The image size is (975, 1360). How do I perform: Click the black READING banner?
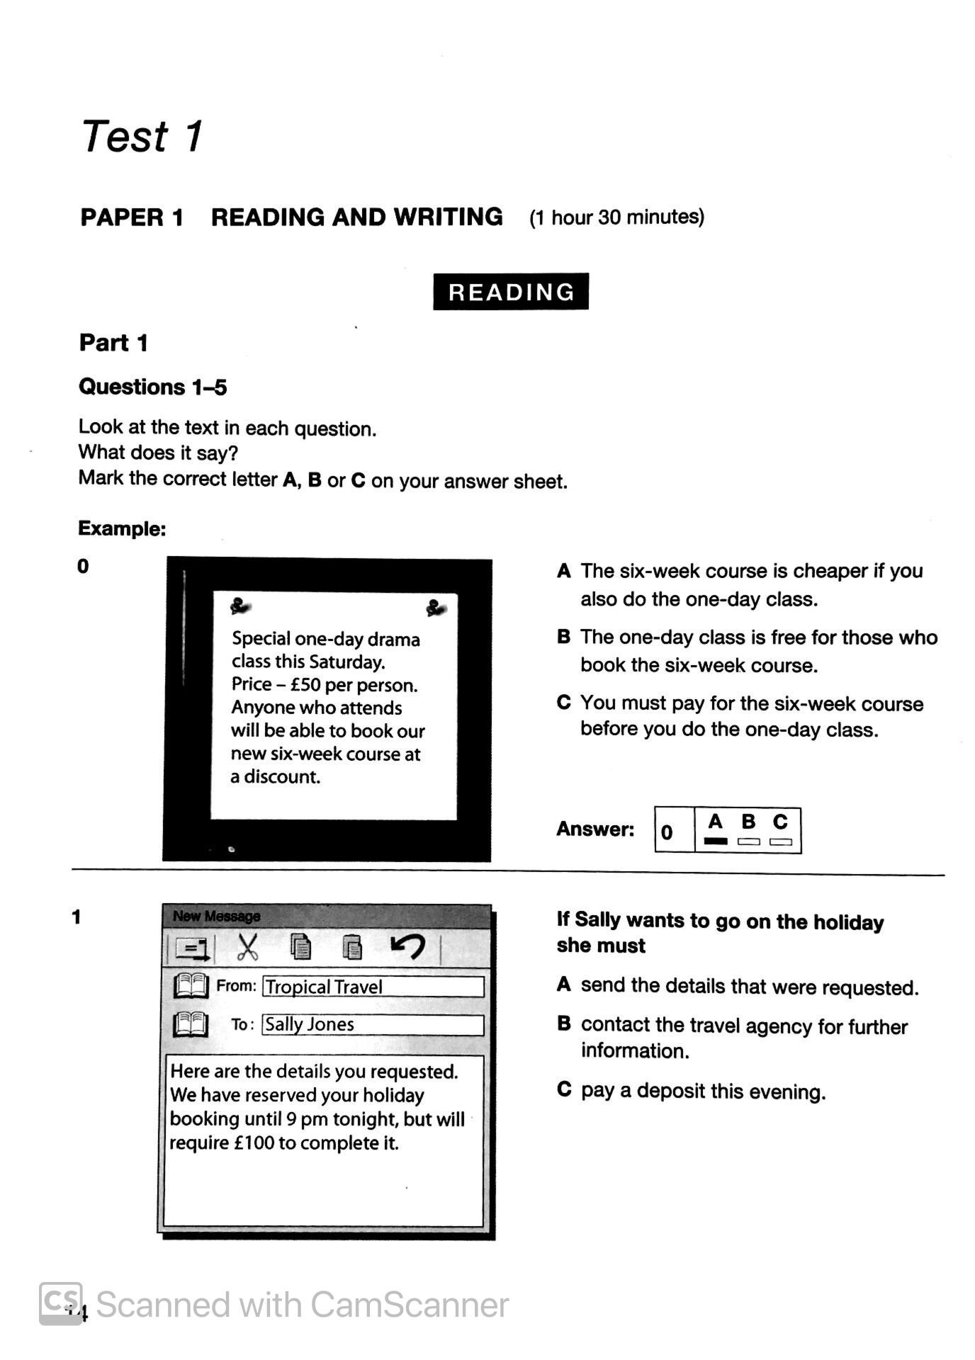[511, 291]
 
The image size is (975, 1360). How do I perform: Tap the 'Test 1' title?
[142, 136]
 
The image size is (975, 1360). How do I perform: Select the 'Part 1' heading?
[113, 343]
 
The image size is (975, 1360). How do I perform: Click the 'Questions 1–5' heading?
[152, 387]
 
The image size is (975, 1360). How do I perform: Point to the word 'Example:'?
[122, 528]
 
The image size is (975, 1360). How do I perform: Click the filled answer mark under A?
[716, 841]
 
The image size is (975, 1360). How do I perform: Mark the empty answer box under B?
[748, 841]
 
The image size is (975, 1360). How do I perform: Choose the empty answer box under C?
[780, 841]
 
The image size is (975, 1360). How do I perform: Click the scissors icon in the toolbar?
[247, 947]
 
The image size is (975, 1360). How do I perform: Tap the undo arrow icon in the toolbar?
[408, 946]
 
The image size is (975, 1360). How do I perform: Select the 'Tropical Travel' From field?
[373, 987]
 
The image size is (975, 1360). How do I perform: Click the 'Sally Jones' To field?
[373, 1024]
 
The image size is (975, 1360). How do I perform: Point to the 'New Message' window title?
[216, 916]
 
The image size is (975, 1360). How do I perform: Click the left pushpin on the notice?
[241, 606]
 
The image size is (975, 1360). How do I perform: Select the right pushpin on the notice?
[435, 607]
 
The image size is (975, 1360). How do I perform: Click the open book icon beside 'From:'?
[191, 985]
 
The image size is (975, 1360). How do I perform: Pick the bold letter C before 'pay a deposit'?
[564, 1089]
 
